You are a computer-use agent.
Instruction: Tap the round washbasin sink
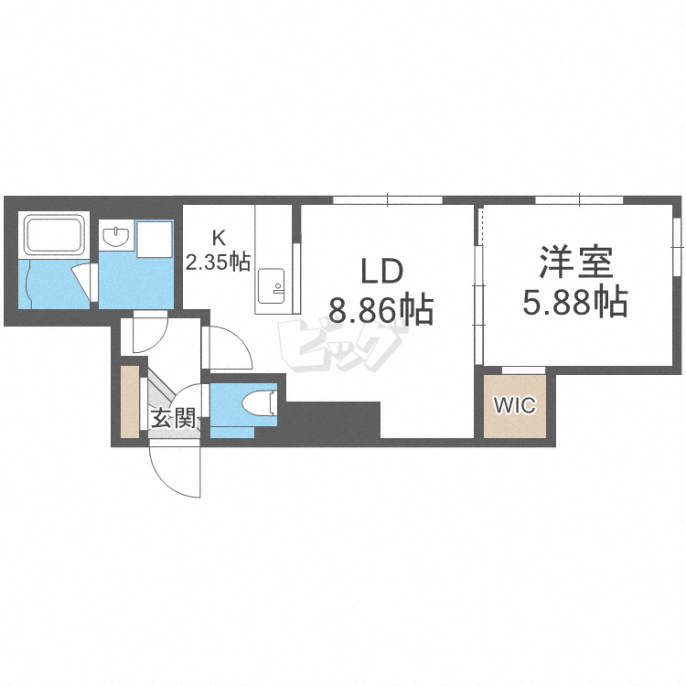[x=117, y=239]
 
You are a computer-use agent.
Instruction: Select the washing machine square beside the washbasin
[x=154, y=239]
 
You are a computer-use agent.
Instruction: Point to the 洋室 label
[x=574, y=261]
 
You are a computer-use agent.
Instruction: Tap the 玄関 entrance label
[x=172, y=420]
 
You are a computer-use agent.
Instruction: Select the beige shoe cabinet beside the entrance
[x=129, y=402]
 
